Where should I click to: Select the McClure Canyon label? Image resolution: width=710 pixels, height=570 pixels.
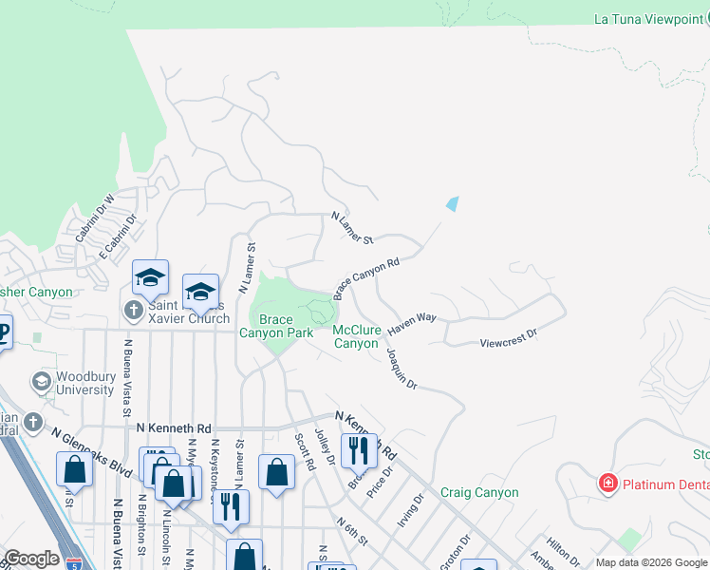coord(357,336)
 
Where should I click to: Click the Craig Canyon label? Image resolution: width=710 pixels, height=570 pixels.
coord(479,492)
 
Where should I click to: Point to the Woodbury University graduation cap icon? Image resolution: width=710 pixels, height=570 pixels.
coord(41,381)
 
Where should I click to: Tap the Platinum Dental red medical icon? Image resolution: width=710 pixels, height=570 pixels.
coord(607,484)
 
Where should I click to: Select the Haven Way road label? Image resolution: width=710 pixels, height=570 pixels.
coord(410,322)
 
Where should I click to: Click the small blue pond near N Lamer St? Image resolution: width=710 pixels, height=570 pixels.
coord(452,203)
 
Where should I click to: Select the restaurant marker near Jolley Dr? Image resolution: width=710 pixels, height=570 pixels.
coord(359,449)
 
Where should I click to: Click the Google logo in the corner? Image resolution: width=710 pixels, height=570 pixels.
coord(31,559)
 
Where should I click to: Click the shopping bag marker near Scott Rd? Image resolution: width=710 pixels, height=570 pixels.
coord(275,471)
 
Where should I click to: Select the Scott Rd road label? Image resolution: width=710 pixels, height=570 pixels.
coord(305,453)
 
